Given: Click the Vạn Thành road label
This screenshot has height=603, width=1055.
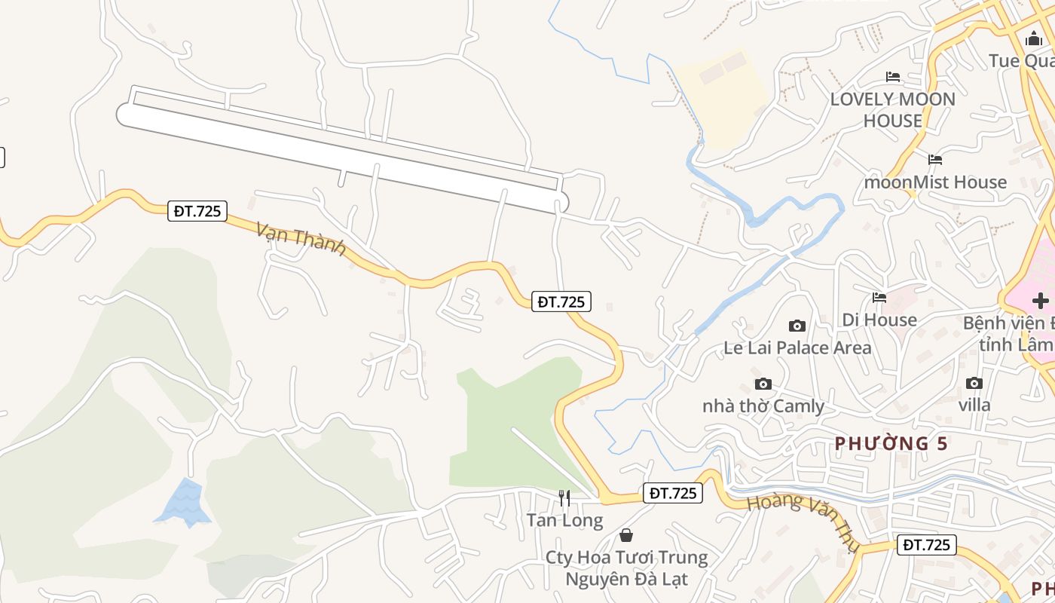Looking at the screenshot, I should [301, 239].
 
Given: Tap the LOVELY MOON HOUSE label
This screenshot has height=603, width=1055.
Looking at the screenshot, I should [893, 109].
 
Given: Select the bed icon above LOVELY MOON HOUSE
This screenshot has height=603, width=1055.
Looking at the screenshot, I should [893, 76].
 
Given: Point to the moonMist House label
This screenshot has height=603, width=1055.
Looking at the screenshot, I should [935, 182].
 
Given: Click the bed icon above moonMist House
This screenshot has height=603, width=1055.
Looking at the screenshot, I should [935, 159].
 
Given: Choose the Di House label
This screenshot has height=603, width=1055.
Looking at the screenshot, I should [879, 320].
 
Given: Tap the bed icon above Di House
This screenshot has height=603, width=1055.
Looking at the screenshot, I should [879, 298].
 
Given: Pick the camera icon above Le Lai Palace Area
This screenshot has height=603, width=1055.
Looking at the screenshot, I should [797, 326].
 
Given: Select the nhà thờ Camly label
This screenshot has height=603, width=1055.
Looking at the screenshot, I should [763, 406].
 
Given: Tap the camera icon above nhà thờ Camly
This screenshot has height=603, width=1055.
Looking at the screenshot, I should [763, 384].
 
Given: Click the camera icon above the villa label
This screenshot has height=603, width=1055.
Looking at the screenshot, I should [974, 383].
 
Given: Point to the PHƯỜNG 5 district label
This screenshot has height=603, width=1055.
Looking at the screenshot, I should [891, 444].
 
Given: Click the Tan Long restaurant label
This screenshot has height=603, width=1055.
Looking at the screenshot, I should [564, 520].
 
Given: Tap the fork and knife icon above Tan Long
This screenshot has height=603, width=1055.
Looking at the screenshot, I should [564, 498].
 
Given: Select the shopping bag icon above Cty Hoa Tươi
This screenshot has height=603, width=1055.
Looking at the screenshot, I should [625, 535].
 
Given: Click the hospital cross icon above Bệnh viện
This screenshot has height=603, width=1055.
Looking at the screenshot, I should [1040, 301].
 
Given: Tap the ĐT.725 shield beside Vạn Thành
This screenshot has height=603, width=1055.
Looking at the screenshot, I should [197, 211].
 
